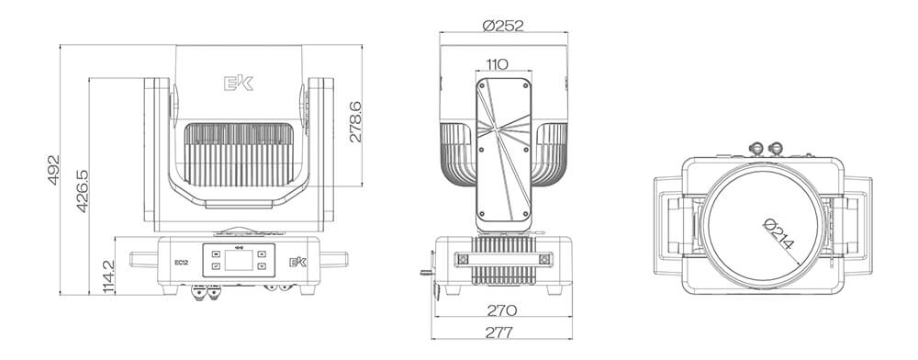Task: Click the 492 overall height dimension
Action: click(53, 170)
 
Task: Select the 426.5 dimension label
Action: click(82, 191)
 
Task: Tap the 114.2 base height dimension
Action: click(108, 276)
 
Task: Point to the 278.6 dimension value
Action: click(354, 122)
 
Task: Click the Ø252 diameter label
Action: click(503, 25)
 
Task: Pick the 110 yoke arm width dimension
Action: click(497, 63)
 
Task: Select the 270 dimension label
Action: click(501, 309)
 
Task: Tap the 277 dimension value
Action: click(499, 332)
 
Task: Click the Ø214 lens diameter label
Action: click(778, 233)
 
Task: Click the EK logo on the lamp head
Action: click(239, 84)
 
